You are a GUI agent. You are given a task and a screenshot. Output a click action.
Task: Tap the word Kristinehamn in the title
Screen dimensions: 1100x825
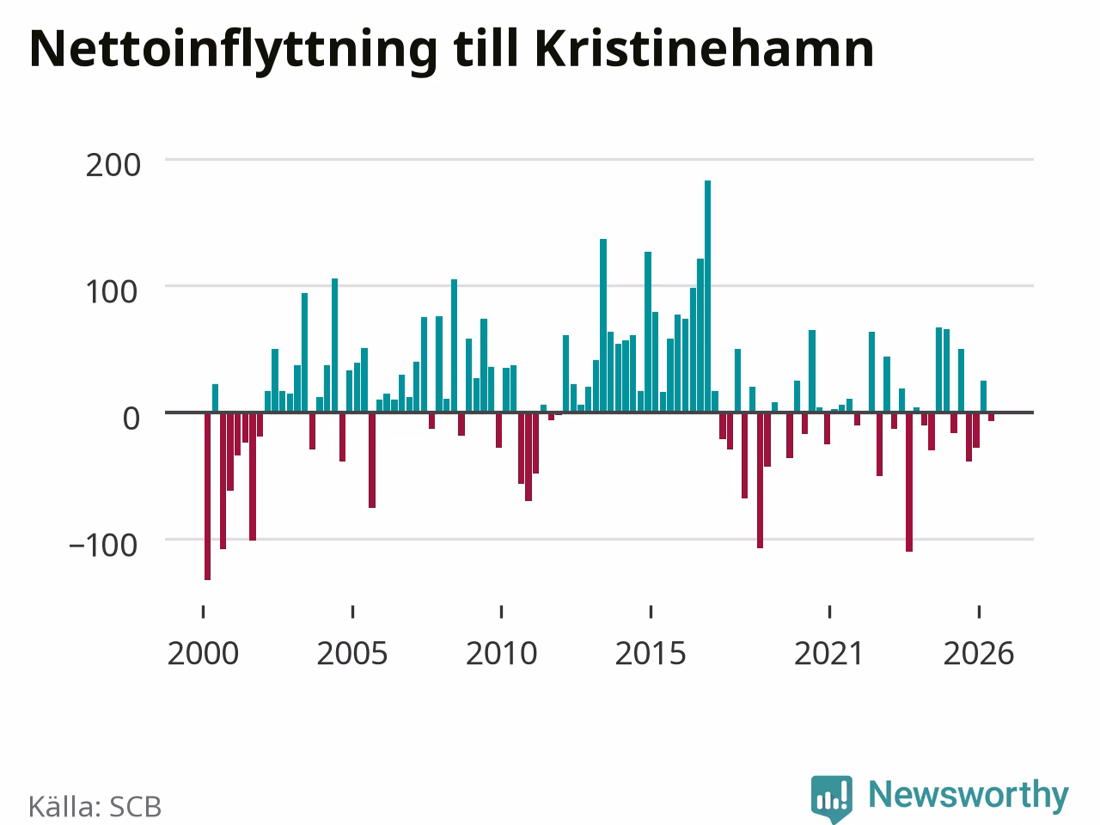(x=705, y=49)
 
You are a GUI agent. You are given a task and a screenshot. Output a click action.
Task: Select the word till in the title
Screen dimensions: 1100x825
(x=486, y=48)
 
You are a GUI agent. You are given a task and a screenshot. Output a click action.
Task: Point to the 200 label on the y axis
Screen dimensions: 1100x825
(x=113, y=165)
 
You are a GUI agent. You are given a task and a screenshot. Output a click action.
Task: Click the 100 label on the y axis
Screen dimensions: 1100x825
(x=111, y=292)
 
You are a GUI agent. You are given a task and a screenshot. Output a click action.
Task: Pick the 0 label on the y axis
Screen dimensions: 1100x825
(x=131, y=419)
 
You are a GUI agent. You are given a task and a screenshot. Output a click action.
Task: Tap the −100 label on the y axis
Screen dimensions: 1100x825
(x=103, y=546)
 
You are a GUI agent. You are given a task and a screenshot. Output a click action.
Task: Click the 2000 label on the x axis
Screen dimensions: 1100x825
(x=203, y=654)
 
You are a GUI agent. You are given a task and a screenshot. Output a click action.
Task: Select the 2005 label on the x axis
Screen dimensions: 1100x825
(x=352, y=654)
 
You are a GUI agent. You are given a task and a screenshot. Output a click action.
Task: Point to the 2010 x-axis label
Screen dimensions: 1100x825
(x=501, y=654)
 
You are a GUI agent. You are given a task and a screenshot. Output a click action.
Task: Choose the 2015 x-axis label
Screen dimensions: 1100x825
(x=651, y=654)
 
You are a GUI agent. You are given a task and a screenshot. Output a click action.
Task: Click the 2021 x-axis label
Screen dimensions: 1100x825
(x=829, y=654)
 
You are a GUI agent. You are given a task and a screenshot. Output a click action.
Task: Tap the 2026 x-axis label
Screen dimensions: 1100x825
(x=979, y=654)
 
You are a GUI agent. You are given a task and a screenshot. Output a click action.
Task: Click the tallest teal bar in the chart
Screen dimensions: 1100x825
(x=707, y=296)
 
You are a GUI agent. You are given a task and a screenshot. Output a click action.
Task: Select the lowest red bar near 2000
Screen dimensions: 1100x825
(x=207, y=496)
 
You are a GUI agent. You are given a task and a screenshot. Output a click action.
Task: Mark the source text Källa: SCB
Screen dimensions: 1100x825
(x=95, y=806)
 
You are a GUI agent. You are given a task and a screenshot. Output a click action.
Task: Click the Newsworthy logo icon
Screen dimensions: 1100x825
(x=831, y=798)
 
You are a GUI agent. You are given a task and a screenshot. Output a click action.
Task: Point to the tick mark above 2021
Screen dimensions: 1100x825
(x=829, y=612)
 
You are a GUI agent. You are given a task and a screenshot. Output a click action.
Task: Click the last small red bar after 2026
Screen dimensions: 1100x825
(x=991, y=417)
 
